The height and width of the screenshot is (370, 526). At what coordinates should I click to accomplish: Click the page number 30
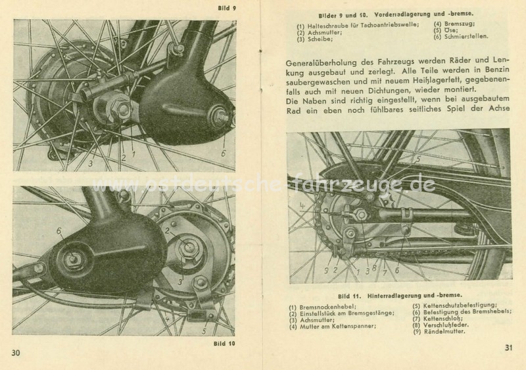(x=16, y=353)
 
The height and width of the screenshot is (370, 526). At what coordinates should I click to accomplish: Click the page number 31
(x=508, y=348)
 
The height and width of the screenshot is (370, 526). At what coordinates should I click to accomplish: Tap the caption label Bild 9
(x=227, y=8)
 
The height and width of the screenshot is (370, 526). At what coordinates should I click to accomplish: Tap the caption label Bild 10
(x=224, y=344)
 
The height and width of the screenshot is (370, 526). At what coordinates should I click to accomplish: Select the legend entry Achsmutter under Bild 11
(x=312, y=320)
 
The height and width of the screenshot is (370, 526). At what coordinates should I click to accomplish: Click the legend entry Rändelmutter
(x=439, y=331)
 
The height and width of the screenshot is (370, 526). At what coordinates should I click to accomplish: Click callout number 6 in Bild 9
(x=223, y=153)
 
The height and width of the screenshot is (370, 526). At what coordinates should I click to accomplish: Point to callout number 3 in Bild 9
(x=91, y=164)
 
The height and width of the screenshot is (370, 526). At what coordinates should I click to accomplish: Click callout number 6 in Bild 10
(x=59, y=230)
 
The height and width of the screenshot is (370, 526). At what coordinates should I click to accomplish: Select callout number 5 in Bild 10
(x=204, y=331)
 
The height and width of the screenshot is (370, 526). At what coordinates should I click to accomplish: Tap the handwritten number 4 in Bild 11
(x=302, y=205)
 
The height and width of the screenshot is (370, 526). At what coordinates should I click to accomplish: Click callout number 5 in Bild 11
(x=417, y=159)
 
